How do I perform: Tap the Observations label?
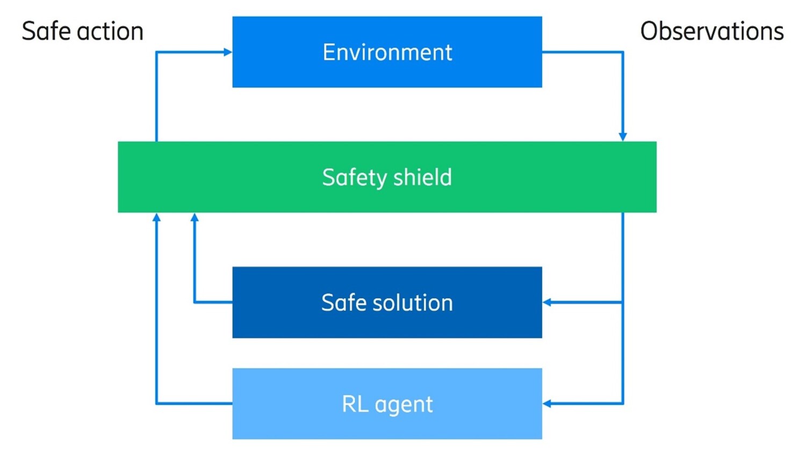coord(711,31)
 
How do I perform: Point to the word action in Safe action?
coord(110,31)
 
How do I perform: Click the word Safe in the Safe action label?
coord(46,31)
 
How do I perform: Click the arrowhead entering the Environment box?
coord(228,52)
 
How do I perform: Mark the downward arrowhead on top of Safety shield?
coord(623,137)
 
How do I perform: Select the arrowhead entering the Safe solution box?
coord(547,302)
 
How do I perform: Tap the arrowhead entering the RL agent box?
coord(547,403)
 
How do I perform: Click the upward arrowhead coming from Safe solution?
coord(195,217)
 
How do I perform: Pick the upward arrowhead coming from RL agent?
coord(156,217)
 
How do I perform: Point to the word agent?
coord(404,405)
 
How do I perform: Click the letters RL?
coord(355,403)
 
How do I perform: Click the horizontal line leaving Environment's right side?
coord(582,52)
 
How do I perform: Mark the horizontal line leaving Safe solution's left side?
coord(213,302)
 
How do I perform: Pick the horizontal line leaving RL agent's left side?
coord(194,403)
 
